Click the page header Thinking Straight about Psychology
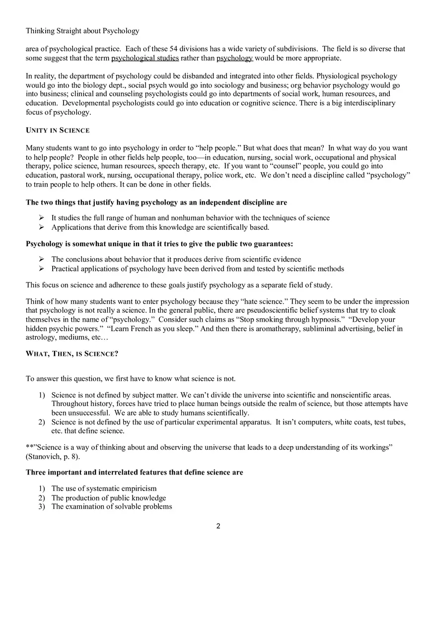82,31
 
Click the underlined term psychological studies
145,58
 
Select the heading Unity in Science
58,130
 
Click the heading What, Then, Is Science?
72,353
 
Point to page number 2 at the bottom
218,526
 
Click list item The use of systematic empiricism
104,488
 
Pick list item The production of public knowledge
109,497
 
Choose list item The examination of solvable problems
112,506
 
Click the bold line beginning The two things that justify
156,203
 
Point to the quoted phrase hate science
262,301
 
